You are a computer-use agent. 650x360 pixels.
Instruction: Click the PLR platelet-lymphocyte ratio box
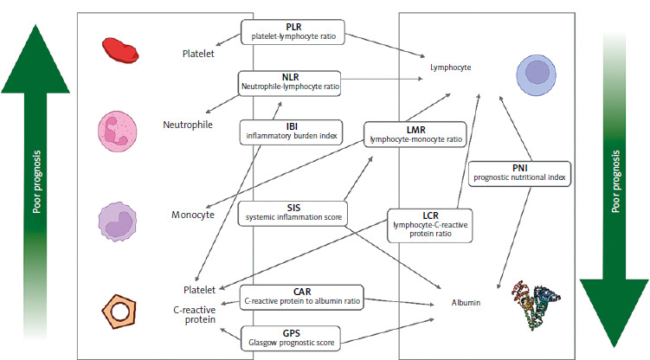pyautogui.click(x=293, y=32)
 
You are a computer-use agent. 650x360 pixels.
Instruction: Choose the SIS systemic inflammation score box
pyautogui.click(x=293, y=214)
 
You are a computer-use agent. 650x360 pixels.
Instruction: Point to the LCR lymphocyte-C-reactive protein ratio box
pyautogui.click(x=429, y=225)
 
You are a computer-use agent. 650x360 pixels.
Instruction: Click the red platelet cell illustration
pyautogui.click(x=116, y=50)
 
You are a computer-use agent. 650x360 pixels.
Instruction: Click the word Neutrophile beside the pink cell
pyautogui.click(x=188, y=125)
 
